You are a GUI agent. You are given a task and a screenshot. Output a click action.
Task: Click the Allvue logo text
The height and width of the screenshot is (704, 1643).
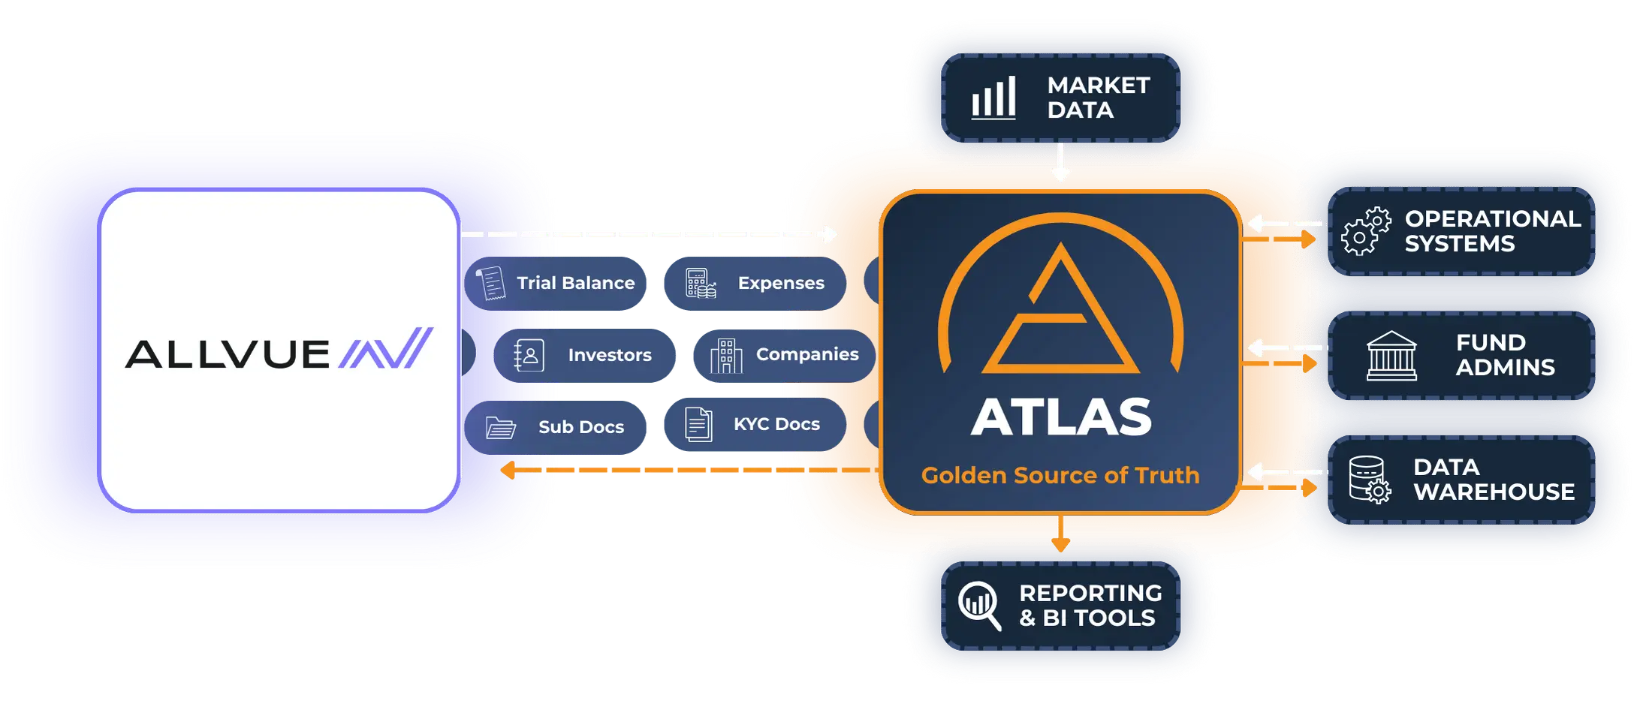click(x=228, y=354)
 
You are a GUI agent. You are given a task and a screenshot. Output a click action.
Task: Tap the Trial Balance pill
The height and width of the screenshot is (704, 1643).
click(x=555, y=283)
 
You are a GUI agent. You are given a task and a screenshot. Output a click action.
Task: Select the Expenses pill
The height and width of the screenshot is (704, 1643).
click(x=755, y=283)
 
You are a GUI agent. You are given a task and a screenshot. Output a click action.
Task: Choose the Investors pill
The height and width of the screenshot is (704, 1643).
click(x=584, y=355)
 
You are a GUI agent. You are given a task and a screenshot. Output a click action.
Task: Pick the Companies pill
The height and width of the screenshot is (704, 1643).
click(x=784, y=355)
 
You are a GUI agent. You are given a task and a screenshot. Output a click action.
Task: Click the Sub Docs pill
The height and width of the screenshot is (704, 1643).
click(x=555, y=427)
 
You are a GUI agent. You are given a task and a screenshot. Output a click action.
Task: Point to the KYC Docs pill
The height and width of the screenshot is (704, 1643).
click(x=755, y=424)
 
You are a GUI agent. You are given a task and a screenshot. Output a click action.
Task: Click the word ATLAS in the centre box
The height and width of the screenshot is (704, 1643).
click(x=1060, y=417)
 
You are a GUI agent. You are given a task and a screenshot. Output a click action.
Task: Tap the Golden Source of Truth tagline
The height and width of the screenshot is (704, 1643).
click(x=1060, y=475)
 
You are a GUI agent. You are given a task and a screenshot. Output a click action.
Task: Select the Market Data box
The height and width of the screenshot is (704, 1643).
click(x=1060, y=98)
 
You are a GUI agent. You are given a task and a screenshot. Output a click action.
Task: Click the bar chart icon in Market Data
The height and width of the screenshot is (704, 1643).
click(x=993, y=98)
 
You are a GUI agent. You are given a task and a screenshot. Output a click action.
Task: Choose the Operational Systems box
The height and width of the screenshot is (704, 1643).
click(x=1461, y=231)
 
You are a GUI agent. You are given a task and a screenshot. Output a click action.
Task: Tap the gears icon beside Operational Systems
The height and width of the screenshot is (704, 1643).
click(x=1366, y=231)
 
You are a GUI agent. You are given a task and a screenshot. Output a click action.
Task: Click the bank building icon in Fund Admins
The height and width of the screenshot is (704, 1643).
click(x=1391, y=356)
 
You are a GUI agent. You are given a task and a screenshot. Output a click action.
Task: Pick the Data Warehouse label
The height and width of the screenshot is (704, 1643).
click(x=1494, y=480)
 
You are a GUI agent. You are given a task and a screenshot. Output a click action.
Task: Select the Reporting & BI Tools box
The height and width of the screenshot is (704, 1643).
click(x=1060, y=606)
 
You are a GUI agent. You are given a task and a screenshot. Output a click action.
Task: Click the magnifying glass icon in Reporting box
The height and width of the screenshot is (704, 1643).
click(x=979, y=606)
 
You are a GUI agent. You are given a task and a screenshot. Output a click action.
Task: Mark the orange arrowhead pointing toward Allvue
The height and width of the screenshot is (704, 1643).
click(x=508, y=470)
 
